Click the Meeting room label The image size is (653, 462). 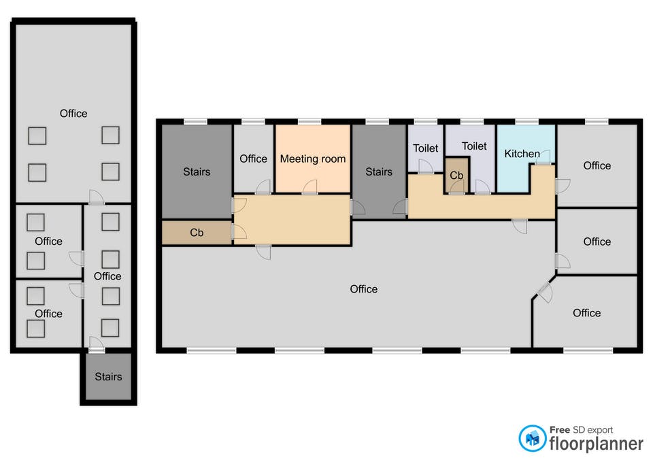tap(313, 159)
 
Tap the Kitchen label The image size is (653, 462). tap(522, 154)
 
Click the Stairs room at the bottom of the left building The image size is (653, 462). tap(108, 376)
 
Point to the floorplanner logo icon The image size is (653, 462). tap(532, 438)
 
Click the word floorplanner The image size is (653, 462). tap(596, 444)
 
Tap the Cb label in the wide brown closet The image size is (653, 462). tap(197, 233)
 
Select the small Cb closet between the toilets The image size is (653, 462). tap(457, 176)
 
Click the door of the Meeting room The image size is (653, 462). tap(309, 187)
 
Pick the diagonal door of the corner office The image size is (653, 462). tap(544, 292)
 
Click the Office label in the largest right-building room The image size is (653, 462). tap(363, 289)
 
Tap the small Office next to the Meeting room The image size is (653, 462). tap(253, 159)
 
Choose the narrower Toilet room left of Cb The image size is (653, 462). tap(425, 148)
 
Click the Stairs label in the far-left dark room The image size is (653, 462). tap(197, 171)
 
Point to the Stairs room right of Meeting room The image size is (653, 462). tap(379, 171)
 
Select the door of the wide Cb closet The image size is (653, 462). tap(239, 232)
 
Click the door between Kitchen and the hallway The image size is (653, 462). tap(543, 157)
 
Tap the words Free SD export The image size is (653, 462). tap(581, 429)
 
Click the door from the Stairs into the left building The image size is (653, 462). tap(97, 344)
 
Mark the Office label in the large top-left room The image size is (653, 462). tap(73, 114)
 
